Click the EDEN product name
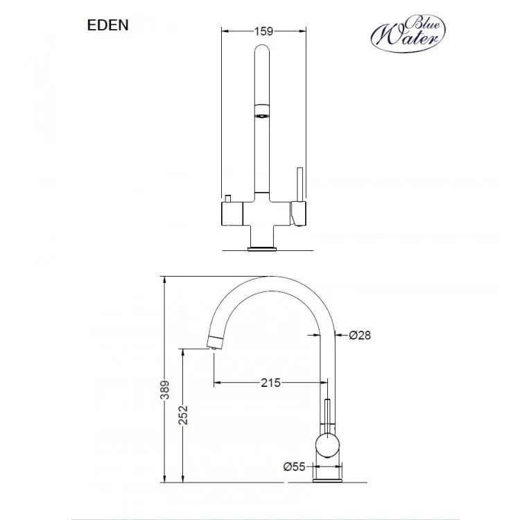click(107, 25)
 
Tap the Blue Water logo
click(408, 33)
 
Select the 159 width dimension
click(263, 31)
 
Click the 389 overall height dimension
click(165, 390)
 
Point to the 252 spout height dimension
click(183, 415)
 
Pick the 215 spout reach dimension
click(270, 383)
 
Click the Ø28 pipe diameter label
click(360, 336)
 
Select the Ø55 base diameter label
click(294, 467)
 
